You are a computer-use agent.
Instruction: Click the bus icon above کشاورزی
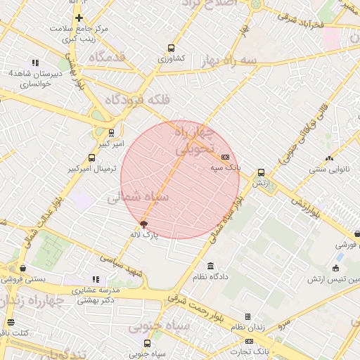[x=171, y=49]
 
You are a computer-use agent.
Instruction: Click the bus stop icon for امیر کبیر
[x=111, y=132]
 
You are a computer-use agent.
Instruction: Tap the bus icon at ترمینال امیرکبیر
[x=91, y=158]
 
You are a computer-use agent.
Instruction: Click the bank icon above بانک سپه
[x=225, y=157]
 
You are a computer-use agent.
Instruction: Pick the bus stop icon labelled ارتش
[x=261, y=172]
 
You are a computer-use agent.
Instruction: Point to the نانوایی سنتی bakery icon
[x=329, y=158]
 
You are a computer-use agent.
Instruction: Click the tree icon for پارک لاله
[x=144, y=224]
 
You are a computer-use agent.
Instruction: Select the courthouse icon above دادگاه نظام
[x=211, y=266]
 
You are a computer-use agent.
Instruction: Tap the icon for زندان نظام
[x=247, y=316]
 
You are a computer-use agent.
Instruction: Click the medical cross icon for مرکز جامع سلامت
[x=79, y=18]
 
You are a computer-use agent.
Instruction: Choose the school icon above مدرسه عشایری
[x=96, y=279]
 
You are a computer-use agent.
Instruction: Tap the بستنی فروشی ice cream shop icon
[x=23, y=268]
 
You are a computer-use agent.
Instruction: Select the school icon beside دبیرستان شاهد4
[x=35, y=63]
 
